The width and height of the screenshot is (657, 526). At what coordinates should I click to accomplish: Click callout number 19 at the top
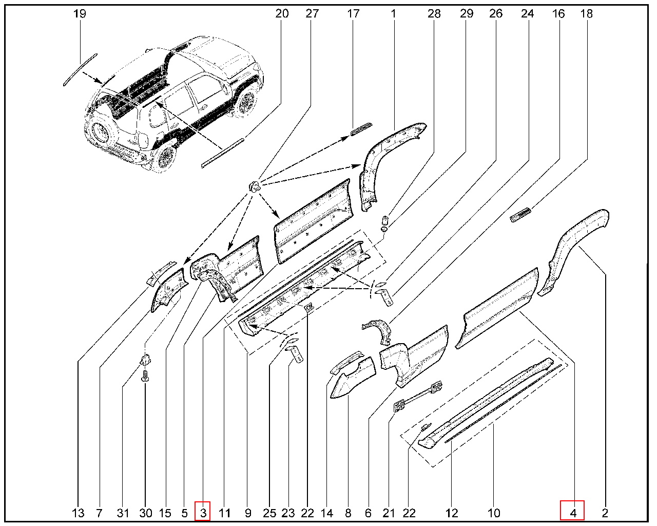click(x=80, y=14)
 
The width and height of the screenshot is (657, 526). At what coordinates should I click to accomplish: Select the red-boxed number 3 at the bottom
click(x=203, y=513)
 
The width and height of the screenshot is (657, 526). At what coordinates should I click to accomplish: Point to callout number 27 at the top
click(x=312, y=14)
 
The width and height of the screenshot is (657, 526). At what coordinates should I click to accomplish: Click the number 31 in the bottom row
click(x=123, y=513)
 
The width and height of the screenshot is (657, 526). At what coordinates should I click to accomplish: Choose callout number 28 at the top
click(x=434, y=14)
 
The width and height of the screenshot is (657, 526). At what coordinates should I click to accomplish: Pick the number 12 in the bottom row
click(x=452, y=513)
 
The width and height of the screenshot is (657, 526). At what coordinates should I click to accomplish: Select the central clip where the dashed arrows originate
click(x=255, y=185)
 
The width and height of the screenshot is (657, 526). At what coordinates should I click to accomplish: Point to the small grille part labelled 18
click(x=520, y=215)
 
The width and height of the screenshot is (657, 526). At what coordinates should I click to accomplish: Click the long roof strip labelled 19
click(x=80, y=70)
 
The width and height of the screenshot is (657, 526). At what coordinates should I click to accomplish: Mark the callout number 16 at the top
click(x=558, y=14)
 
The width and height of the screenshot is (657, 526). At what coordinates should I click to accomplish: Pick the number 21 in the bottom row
click(x=389, y=513)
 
